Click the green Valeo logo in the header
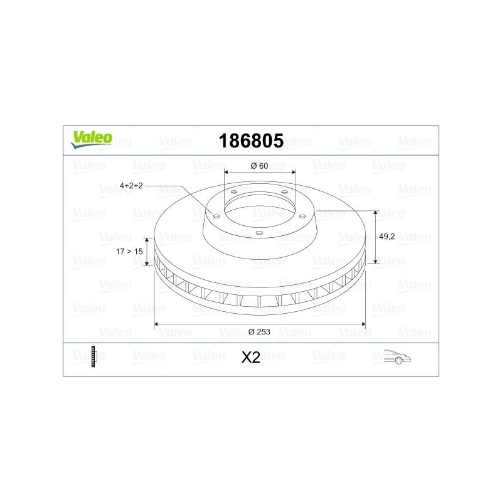(91, 139)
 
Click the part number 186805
(251, 141)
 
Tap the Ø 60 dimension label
(259, 166)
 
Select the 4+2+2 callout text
(131, 186)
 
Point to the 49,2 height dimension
(387, 237)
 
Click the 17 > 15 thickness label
(129, 252)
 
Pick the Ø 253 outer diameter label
(259, 332)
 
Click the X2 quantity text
(250, 358)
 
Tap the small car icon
(397, 356)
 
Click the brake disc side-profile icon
(93, 356)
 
